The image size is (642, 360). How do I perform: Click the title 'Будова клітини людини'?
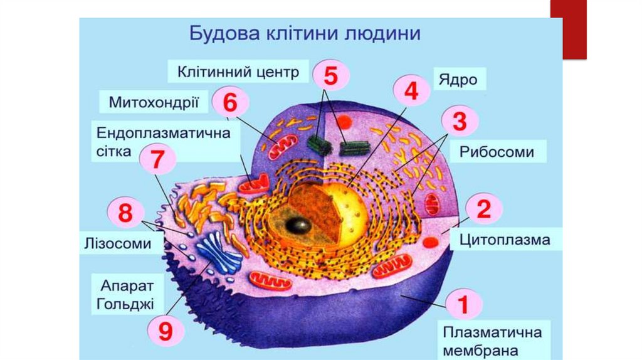[x=305, y=33]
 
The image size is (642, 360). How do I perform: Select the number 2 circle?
[x=483, y=209]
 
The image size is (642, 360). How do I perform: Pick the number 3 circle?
[x=460, y=122]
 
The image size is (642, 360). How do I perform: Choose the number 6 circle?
[x=230, y=102]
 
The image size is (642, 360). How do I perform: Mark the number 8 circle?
[x=125, y=213]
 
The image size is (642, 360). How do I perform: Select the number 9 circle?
[x=165, y=331]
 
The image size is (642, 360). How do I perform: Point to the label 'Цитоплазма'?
[x=504, y=240]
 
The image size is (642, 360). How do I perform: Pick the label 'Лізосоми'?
[x=118, y=243]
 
